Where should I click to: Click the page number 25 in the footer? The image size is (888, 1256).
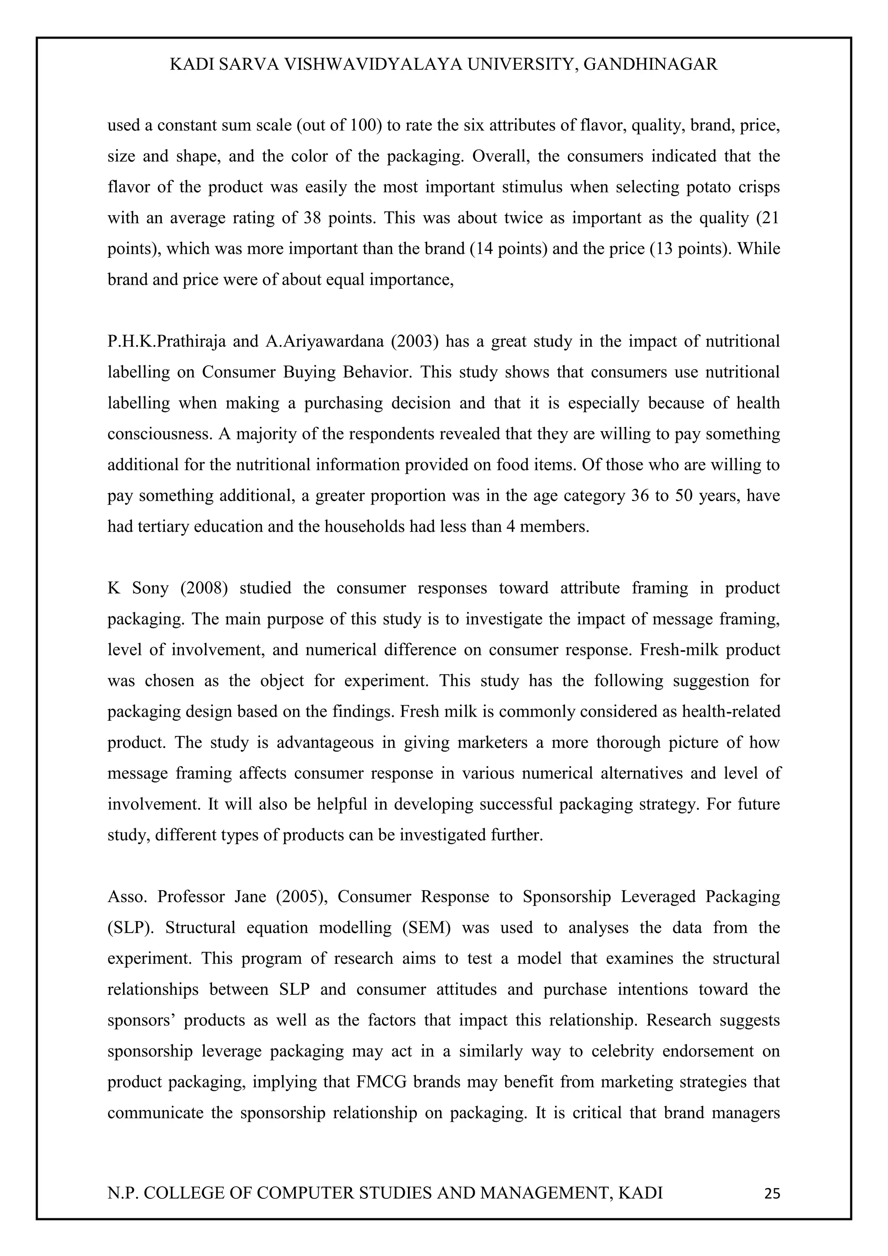tap(771, 1194)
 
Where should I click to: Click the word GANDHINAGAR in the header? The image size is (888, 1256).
tap(650, 65)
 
